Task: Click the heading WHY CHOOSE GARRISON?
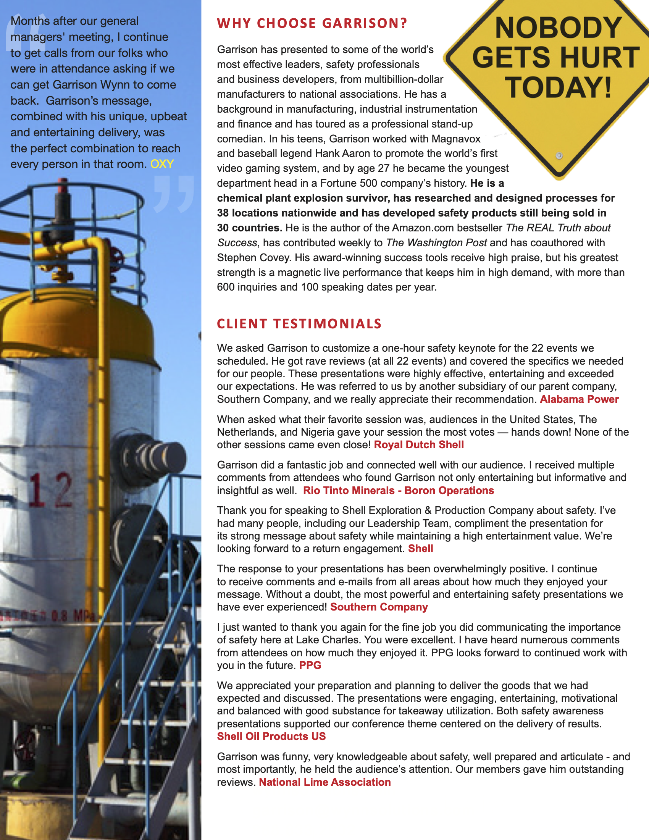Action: (312, 23)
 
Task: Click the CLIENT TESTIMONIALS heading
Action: (299, 324)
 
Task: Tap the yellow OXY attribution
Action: (162, 164)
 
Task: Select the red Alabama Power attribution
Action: (579, 399)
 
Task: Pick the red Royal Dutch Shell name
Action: (419, 444)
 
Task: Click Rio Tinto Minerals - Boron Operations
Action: (398, 490)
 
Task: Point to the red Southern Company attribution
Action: (379, 607)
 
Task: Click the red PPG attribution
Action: (310, 666)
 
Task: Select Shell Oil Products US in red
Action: (271, 736)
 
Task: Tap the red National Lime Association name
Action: (324, 782)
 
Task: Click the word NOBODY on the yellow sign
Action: (558, 28)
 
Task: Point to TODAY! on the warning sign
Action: (558, 88)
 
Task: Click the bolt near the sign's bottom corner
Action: (559, 156)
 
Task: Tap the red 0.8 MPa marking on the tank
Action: (73, 616)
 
